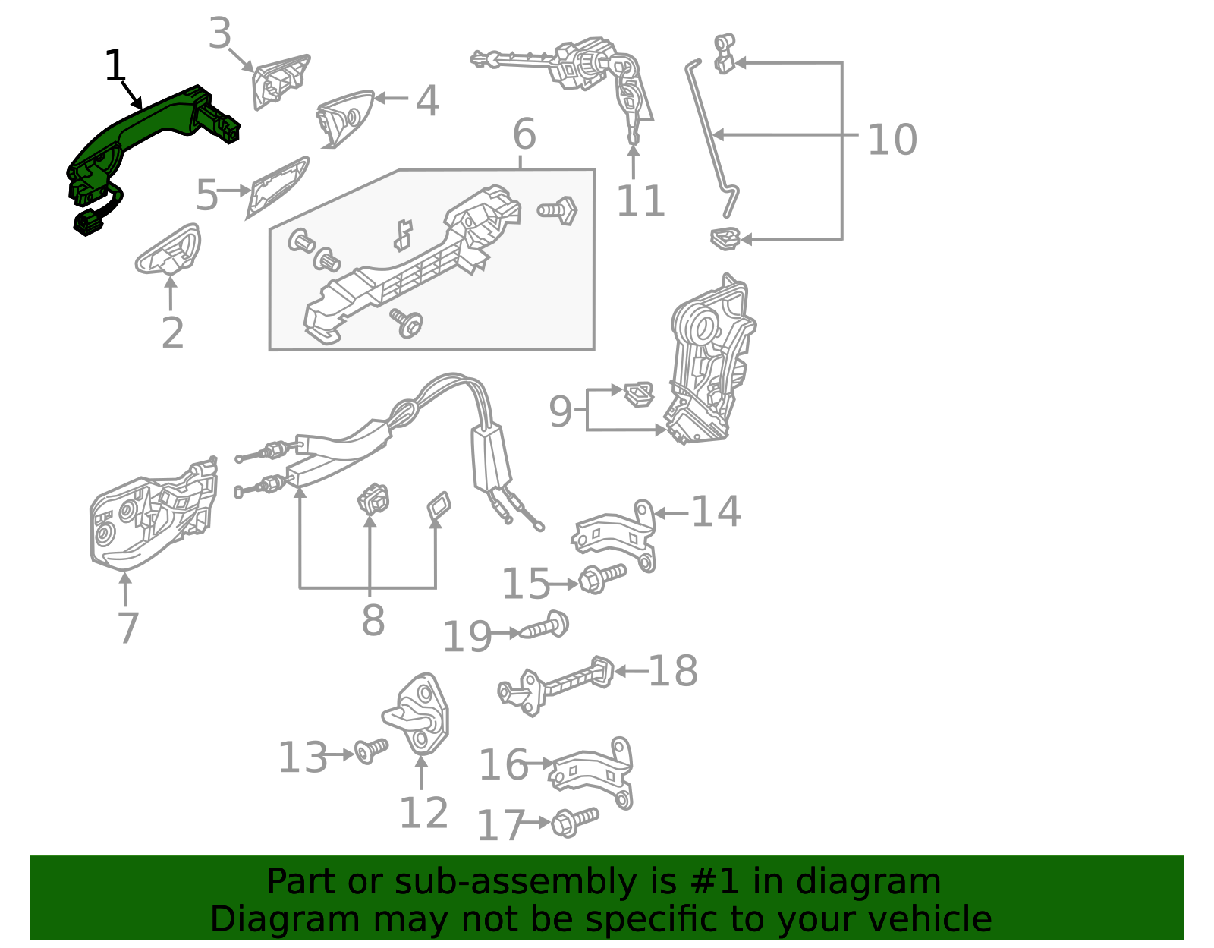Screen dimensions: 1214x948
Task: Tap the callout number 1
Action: (115, 66)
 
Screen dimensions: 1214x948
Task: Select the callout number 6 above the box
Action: (524, 134)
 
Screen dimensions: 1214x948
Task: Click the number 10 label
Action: (892, 139)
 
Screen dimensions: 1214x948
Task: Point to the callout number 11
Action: (640, 200)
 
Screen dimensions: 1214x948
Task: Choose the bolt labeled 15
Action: (602, 578)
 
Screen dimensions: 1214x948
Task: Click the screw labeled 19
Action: (544, 625)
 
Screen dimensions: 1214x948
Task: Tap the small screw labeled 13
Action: (371, 750)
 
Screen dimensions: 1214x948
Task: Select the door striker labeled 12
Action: (417, 713)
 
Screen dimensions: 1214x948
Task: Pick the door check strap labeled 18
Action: (555, 685)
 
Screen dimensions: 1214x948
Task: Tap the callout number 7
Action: (128, 628)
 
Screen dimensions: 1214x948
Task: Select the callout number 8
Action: (373, 619)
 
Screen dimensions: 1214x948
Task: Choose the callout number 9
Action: (561, 411)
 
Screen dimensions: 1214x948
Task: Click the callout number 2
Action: (173, 333)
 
